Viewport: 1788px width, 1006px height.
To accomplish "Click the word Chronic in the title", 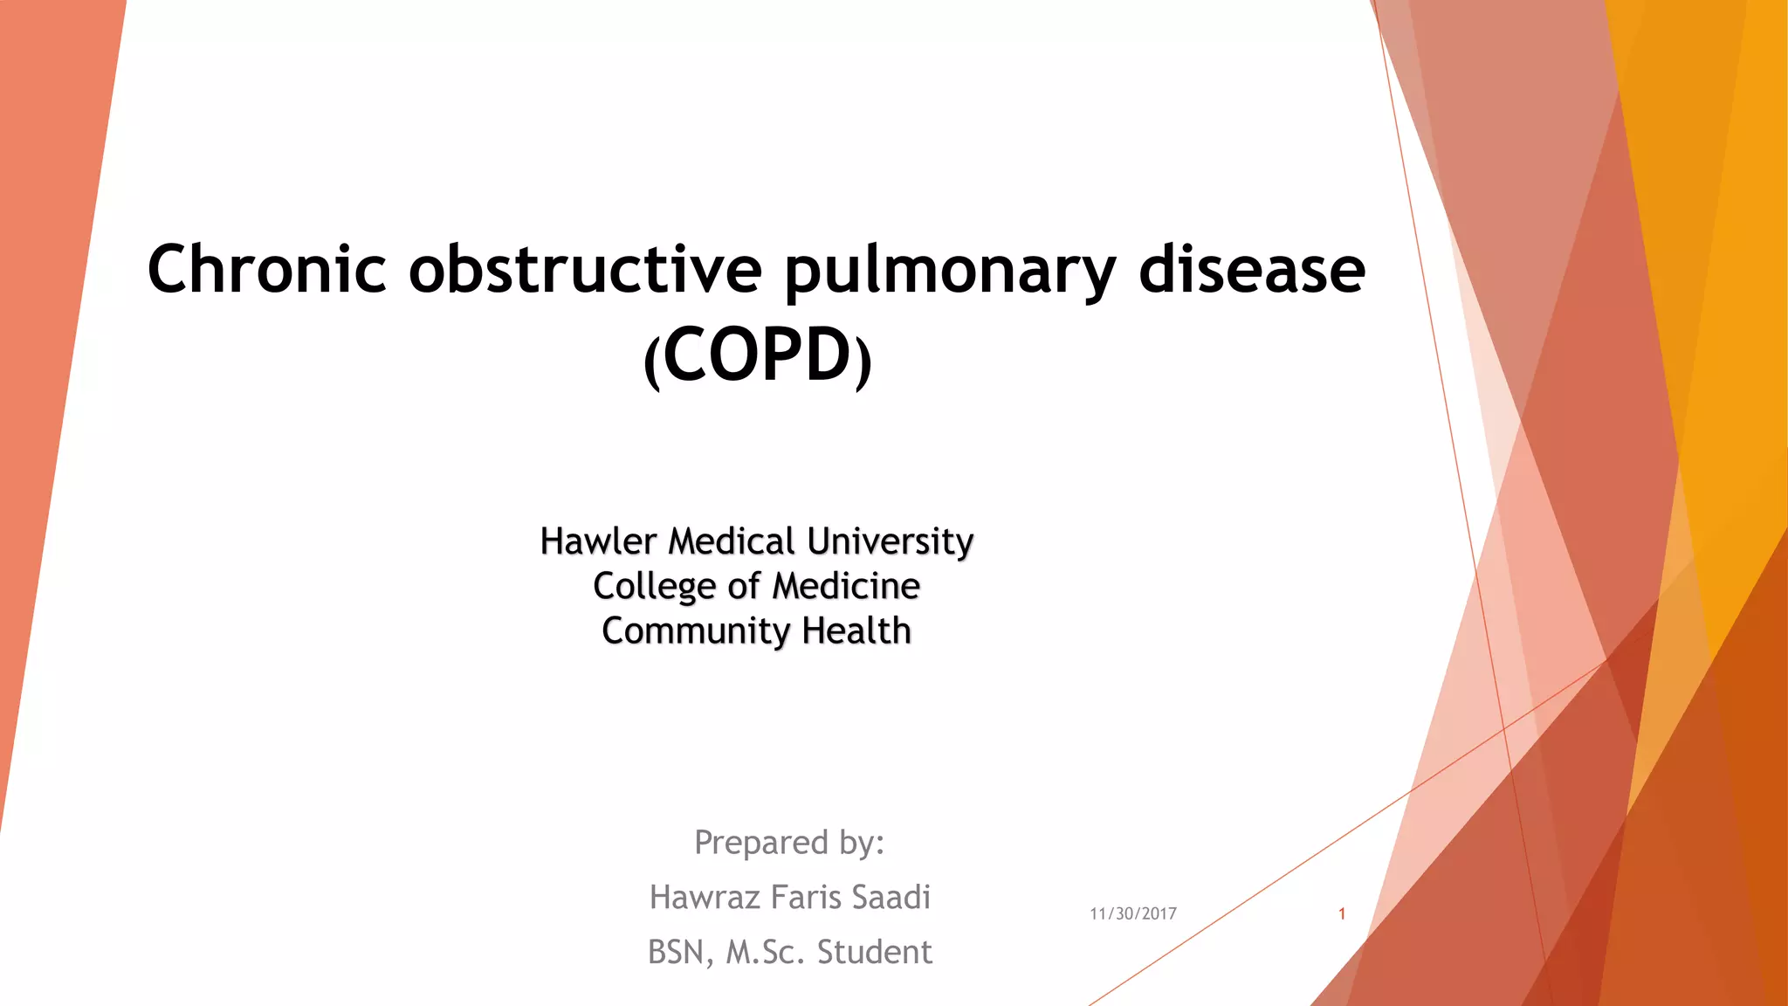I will (x=266, y=269).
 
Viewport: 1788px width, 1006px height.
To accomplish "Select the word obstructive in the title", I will (x=585, y=269).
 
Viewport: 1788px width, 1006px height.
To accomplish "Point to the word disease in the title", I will (x=1252, y=269).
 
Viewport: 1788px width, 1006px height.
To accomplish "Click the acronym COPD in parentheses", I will (x=757, y=355).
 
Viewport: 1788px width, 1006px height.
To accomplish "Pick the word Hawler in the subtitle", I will (x=598, y=541).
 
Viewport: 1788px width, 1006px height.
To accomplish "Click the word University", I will (x=890, y=541).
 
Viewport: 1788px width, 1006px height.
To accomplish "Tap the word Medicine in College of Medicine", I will (x=846, y=586).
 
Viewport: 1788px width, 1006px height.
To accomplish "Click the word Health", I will (x=856, y=630).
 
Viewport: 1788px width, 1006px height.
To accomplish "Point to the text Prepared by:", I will (x=789, y=843).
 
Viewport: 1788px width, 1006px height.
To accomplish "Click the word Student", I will (x=874, y=953).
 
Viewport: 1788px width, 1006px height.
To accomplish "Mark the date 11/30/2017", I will (x=1133, y=913).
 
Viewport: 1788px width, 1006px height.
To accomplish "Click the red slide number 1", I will (x=1342, y=913).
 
